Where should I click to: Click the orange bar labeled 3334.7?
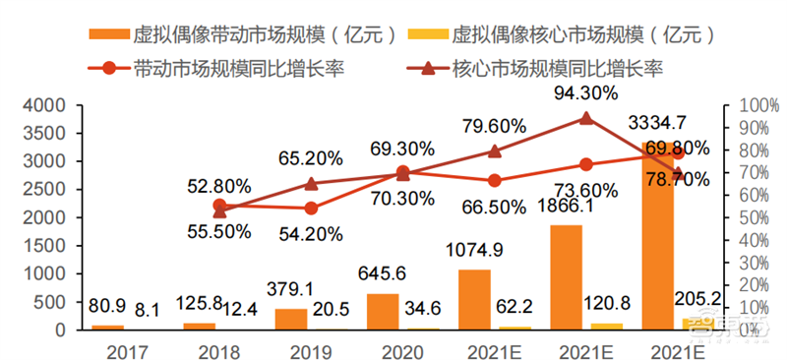658,236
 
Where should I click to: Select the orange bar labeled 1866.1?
567,277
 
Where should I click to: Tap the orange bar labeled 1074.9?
475,299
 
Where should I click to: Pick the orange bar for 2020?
384,312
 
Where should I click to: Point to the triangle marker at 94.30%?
585,118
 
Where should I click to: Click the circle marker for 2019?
311,208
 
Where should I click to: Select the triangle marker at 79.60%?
494,151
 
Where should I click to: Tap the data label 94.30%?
585,94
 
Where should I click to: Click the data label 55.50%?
220,232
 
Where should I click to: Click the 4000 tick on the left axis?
46,105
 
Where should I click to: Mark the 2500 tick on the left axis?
46,189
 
